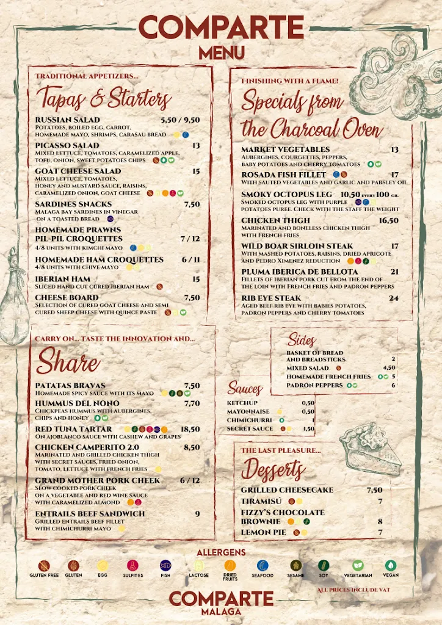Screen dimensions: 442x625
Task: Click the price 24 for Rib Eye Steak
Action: pos(394,298)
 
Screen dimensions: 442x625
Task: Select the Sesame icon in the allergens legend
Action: pos(296,566)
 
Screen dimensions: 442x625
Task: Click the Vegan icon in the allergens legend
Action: pos(391,566)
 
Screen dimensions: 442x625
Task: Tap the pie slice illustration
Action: pos(369,449)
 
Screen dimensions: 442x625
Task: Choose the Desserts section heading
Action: pos(272,469)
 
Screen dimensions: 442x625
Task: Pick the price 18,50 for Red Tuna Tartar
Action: pos(190,429)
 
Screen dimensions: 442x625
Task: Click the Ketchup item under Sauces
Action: pos(242,403)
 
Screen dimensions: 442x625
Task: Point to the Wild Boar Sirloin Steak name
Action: pos(297,246)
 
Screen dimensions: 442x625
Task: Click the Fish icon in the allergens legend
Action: pos(165,566)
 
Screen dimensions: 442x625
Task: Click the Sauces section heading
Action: pos(245,388)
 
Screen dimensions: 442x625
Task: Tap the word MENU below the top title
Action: pos(221,52)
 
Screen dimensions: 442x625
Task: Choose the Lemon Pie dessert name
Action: pos(264,532)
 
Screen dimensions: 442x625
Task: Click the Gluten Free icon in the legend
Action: pos(44,566)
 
